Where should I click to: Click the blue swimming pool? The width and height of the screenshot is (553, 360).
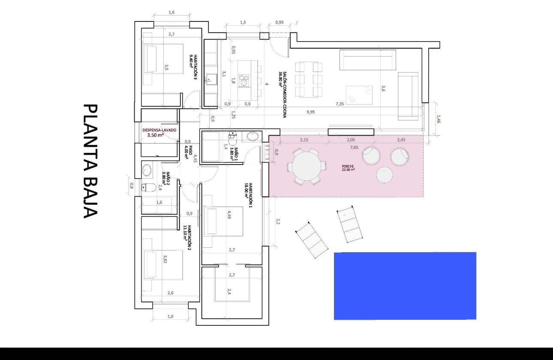[x=405, y=285]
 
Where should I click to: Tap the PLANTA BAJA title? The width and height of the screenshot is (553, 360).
[x=90, y=161]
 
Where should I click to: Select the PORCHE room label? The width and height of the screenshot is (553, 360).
[x=348, y=167]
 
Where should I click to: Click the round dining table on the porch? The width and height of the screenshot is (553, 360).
[x=306, y=166]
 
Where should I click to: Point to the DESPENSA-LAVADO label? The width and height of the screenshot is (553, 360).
[x=159, y=129]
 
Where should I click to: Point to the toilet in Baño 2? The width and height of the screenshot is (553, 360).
[x=150, y=187]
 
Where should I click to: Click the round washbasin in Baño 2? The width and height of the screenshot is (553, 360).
[x=147, y=170]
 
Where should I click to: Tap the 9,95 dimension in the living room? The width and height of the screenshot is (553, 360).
[x=311, y=112]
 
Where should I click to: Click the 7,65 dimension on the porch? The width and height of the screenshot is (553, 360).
[x=342, y=147]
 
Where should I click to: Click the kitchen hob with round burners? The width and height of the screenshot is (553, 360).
[x=244, y=80]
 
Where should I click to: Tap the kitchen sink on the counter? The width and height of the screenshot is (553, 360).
[x=210, y=79]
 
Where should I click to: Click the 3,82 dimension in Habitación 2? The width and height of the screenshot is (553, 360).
[x=165, y=258]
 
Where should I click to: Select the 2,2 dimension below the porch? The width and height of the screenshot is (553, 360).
[x=277, y=222]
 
